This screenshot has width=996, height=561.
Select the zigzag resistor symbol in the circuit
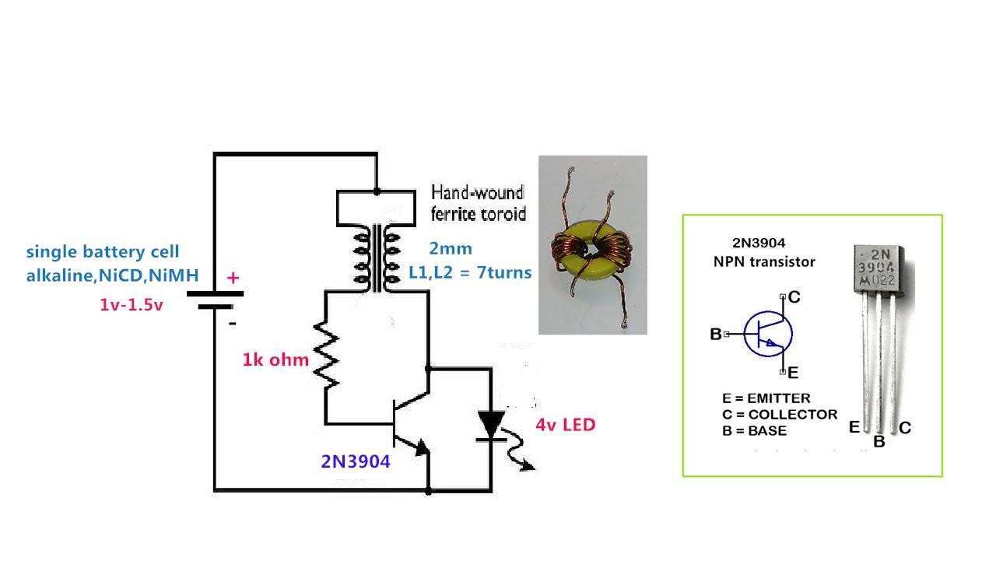(326, 357)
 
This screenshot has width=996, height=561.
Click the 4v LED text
(565, 425)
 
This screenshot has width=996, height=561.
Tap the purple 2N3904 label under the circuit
(355, 461)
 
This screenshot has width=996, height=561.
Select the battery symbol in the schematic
(215, 300)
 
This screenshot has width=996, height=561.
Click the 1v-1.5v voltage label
(132, 305)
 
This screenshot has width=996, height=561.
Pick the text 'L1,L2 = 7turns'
(470, 272)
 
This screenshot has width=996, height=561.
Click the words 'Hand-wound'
(478, 191)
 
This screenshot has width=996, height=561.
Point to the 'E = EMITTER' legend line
(766, 398)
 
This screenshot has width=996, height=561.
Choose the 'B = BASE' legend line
(754, 430)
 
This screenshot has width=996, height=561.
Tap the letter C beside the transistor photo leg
(905, 427)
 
